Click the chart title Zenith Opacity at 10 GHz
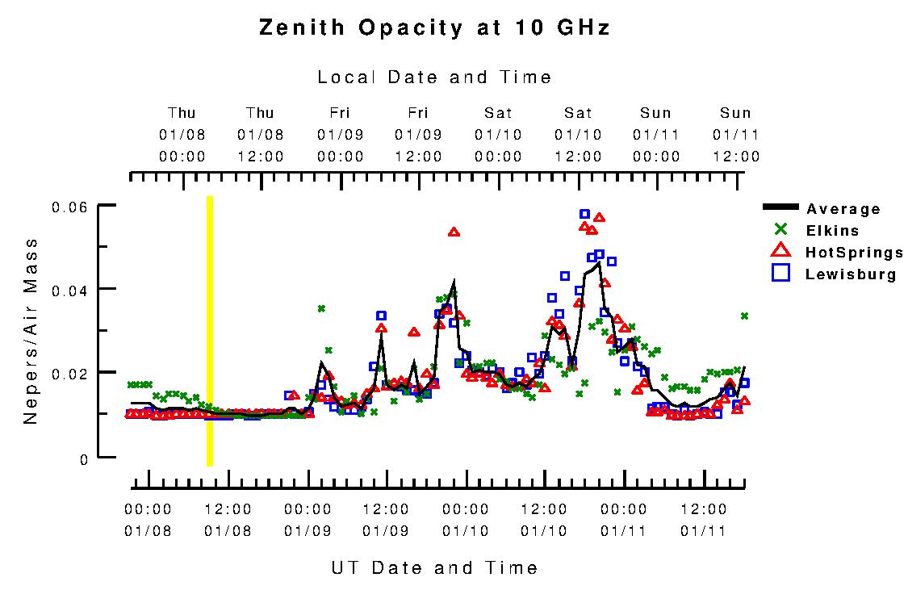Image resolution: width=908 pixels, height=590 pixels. tap(434, 28)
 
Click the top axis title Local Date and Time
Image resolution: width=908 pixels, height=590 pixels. tap(434, 77)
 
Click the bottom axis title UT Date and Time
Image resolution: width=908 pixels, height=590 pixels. tap(434, 567)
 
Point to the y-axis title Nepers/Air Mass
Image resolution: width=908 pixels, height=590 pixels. tap(30, 331)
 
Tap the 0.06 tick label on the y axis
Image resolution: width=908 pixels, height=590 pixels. tap(69, 207)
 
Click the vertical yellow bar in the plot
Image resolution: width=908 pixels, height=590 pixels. tap(210, 331)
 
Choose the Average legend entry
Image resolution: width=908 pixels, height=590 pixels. tap(843, 209)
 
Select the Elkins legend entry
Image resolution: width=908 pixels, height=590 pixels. tap(832, 231)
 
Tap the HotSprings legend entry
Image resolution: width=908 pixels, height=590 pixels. tap(853, 253)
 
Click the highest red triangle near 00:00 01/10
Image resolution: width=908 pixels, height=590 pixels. tap(454, 232)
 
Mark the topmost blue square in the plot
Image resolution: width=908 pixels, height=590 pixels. tap(584, 214)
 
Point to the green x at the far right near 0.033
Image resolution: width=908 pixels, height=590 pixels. tap(744, 316)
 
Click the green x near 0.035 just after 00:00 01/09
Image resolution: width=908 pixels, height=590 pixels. tap(321, 308)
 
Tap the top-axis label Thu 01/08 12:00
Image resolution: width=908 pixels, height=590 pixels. tap(260, 134)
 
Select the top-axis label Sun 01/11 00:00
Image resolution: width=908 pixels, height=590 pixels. tap(655, 134)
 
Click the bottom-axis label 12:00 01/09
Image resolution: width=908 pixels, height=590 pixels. tap(386, 520)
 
